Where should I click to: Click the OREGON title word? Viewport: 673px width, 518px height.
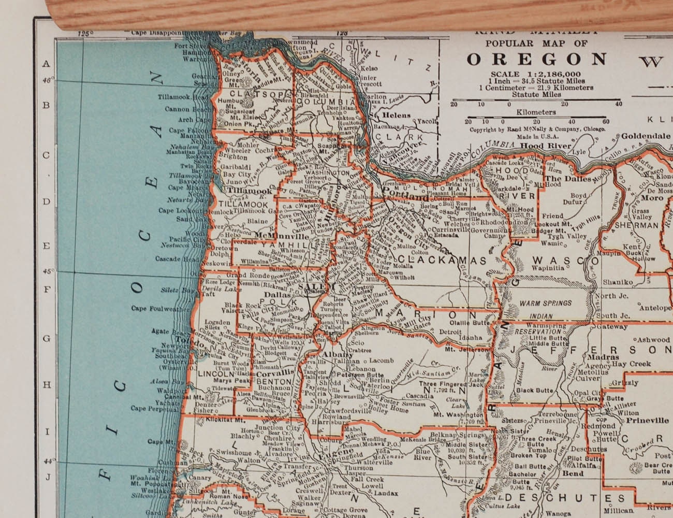(x=537, y=59)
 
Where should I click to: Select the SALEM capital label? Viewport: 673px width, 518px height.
(x=311, y=286)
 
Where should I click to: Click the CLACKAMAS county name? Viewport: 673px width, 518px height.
(x=442, y=260)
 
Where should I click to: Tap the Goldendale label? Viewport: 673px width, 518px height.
(x=646, y=136)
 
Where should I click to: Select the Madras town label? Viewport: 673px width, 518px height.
(x=603, y=357)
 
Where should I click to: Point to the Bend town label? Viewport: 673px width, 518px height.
(x=573, y=473)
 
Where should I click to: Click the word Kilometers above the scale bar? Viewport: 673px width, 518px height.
(x=536, y=112)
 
